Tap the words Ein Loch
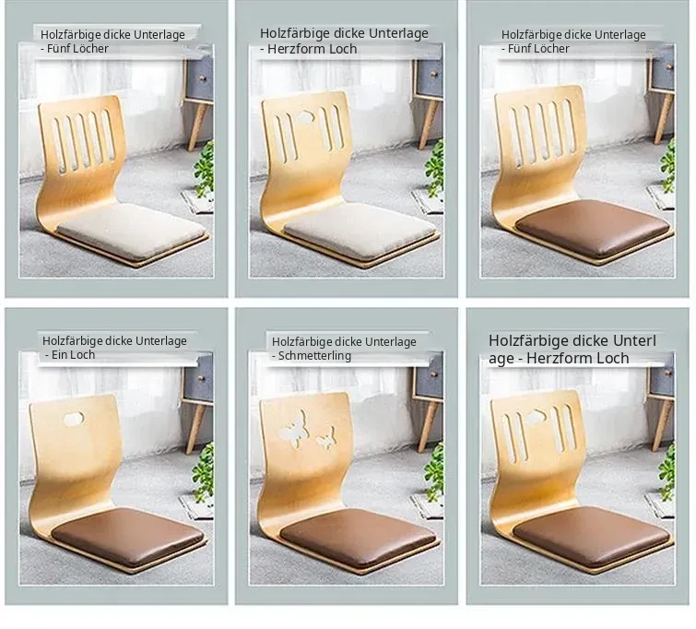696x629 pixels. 73,355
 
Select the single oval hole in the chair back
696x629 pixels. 73,419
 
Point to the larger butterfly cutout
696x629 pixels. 293,426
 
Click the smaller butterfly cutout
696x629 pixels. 325,437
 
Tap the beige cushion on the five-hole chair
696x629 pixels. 132,230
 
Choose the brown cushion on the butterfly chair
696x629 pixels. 358,536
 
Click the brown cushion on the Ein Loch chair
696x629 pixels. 128,535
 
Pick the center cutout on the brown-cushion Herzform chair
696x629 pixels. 537,416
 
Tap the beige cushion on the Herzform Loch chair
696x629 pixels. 360,230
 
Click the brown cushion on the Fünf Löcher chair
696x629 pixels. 593,229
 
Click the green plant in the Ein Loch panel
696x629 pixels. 204,472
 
